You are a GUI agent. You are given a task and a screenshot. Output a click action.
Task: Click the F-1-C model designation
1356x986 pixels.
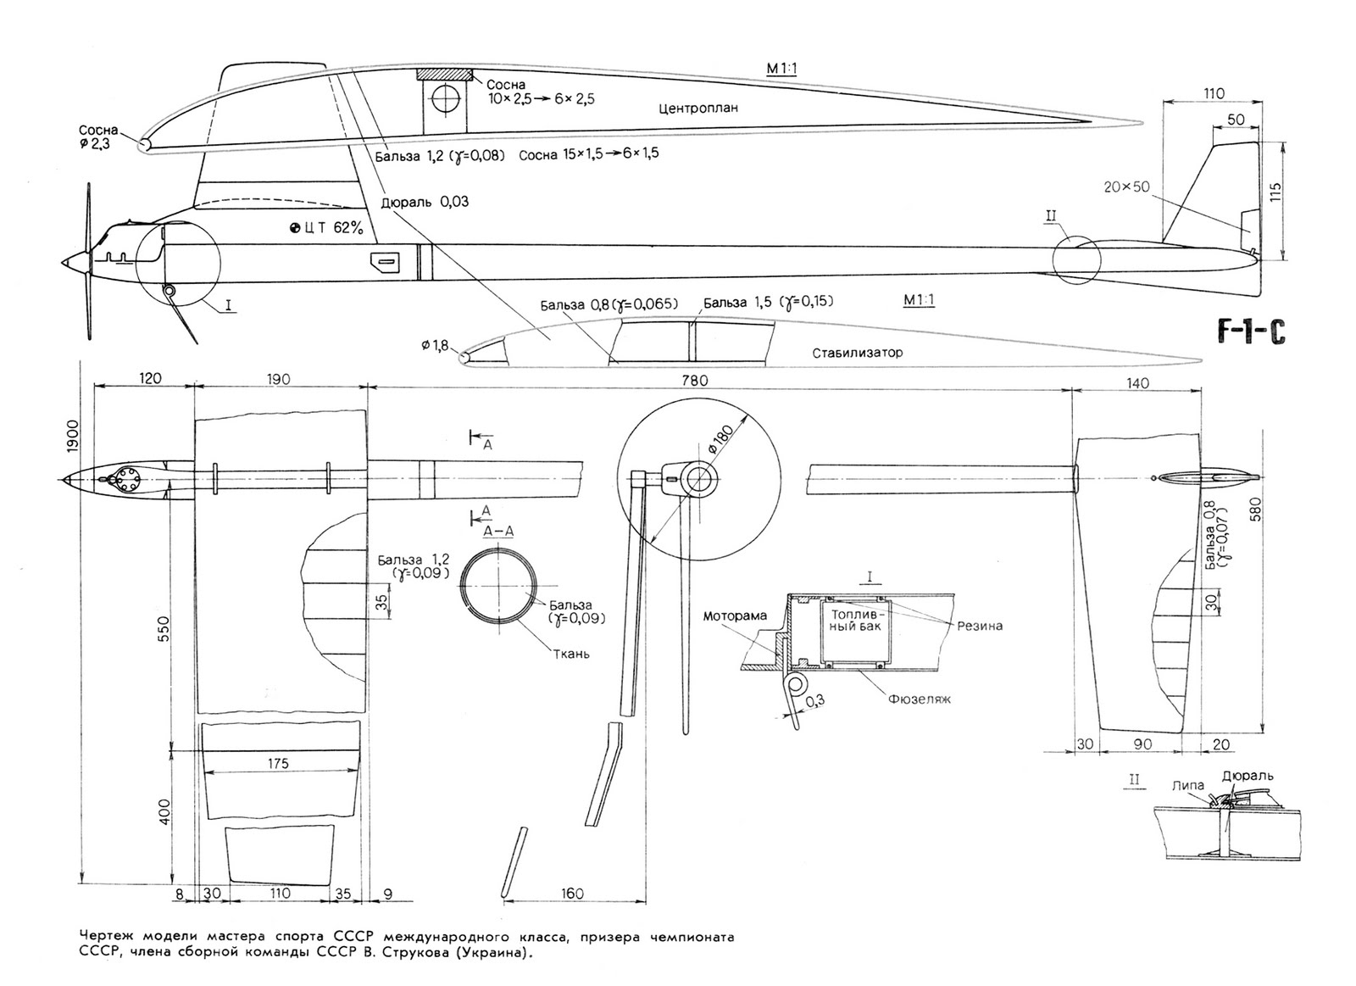[x=1252, y=332]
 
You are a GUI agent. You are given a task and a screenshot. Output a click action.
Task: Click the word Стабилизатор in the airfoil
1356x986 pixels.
[x=858, y=353]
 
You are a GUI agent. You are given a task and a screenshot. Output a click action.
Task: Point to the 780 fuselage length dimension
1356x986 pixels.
[x=694, y=381]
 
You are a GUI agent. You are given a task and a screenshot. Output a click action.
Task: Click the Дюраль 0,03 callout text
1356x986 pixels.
[x=425, y=202]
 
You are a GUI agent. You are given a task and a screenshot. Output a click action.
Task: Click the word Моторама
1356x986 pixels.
[x=734, y=616]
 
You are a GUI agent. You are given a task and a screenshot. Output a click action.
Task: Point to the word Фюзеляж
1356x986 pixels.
[x=920, y=699]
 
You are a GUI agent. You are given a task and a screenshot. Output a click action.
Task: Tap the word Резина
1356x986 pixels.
[x=980, y=626]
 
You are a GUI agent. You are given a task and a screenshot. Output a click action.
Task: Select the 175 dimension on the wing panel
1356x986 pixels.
[x=278, y=763]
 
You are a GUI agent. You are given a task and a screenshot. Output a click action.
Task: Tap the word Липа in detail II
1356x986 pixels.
[x=1187, y=785]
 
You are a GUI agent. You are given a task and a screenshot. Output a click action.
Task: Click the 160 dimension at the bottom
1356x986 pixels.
[x=573, y=893]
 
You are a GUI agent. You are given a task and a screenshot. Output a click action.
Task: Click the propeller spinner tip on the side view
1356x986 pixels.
[x=63, y=263]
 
